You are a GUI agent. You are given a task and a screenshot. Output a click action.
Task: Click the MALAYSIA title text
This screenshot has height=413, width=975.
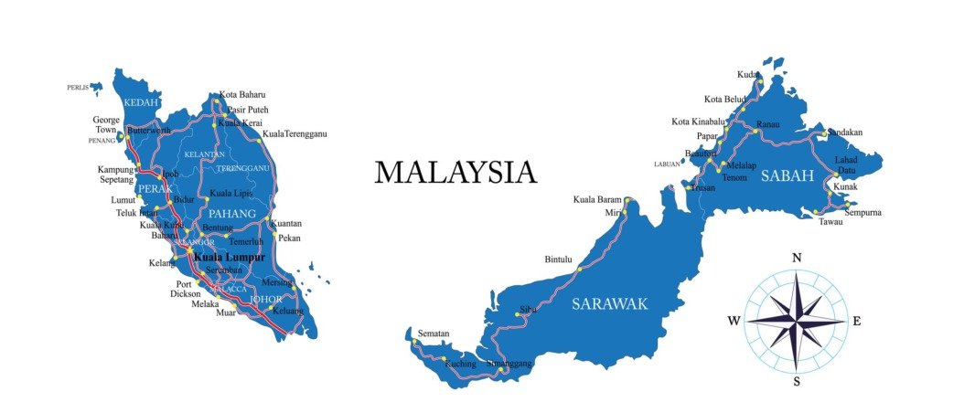pos(455,172)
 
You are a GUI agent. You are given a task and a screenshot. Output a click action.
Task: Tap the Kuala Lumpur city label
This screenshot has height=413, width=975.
pos(229,258)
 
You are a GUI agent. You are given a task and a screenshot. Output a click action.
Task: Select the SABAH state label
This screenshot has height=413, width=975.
pos(786,176)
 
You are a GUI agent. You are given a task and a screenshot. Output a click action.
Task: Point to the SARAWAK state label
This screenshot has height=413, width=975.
pos(609,304)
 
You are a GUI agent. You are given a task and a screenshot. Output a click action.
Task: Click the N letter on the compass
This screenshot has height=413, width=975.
pos(796,259)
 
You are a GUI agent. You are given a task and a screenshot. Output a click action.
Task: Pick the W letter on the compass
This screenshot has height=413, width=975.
pos(734,321)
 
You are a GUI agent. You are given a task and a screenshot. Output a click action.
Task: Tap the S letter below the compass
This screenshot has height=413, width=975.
pos(797,382)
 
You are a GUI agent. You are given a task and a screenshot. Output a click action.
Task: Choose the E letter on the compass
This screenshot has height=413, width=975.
pos(857,321)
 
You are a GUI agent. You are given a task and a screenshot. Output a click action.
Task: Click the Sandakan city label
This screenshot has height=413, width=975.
pos(844,132)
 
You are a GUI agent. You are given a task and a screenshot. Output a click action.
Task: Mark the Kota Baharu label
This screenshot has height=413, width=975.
pos(242,95)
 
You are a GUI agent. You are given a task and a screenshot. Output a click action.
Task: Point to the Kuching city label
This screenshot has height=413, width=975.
pos(460,364)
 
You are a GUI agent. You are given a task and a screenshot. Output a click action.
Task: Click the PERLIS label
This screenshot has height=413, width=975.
pos(78,88)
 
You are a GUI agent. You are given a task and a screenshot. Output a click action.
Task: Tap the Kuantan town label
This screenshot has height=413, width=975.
pos(286,224)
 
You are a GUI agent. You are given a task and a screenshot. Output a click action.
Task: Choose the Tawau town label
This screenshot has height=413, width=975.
pos(830,221)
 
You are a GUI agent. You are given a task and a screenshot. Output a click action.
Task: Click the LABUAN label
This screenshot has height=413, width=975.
pos(667,164)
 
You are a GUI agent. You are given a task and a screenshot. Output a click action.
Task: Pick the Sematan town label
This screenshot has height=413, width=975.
pos(434,333)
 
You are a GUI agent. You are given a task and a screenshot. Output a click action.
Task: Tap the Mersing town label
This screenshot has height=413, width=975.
pos(276,282)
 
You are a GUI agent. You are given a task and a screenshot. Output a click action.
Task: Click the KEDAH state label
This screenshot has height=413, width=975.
pos(142,102)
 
